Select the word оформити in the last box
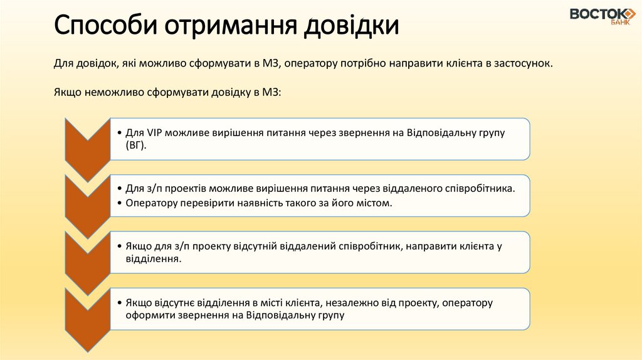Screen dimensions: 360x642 click(148, 315)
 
